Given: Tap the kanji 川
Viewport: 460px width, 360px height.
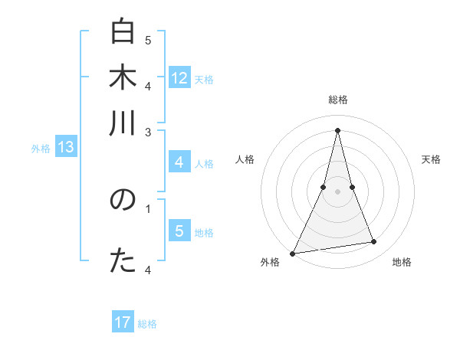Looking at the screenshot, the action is [123, 123].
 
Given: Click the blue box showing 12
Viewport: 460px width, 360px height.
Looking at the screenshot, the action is [179, 78].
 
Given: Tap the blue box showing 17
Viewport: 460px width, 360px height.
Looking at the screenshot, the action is [123, 323].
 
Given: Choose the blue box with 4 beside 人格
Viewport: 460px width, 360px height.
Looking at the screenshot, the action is [179, 162].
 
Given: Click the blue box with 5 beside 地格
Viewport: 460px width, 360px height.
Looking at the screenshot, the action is [179, 231].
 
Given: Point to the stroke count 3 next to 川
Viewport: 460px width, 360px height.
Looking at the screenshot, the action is [148, 133].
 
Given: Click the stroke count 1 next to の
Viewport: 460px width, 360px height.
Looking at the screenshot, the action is [148, 207].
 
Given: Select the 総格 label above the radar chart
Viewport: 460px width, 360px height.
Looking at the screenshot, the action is [337, 100].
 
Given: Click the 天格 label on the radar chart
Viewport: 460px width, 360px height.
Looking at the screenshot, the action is [432, 159].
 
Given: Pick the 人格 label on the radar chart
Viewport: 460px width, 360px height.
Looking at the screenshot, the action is [245, 159].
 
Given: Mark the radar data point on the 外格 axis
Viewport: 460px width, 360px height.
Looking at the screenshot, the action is [293, 253].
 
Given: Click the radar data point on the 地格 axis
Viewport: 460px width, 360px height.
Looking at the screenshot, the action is [374, 242].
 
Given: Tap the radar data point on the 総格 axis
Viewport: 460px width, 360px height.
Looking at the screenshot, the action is [337, 130].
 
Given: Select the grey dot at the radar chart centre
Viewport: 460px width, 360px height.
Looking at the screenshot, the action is [337, 191].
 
